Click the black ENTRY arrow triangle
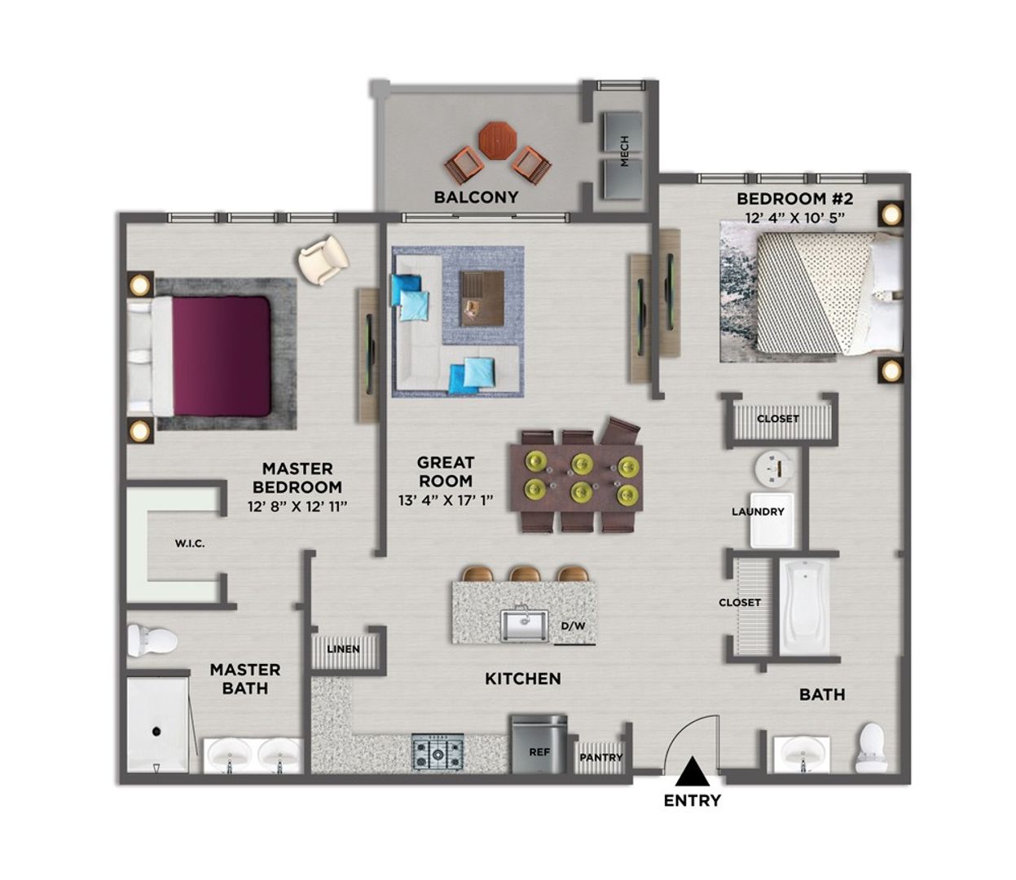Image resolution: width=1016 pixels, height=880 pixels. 692,771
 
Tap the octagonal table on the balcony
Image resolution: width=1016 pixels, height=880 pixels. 496,140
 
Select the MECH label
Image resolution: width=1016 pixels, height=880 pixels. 624,151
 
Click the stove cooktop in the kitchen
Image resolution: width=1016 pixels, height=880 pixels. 438,750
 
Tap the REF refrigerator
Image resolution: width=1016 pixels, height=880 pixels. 539,744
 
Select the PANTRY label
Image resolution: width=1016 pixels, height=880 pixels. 600,757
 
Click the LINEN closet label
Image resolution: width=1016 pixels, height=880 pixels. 343,649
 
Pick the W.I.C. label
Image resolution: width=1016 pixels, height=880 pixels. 189,543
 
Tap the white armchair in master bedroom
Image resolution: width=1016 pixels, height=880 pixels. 323,258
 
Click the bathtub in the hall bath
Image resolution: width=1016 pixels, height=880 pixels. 804,605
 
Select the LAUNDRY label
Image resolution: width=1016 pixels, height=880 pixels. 758,512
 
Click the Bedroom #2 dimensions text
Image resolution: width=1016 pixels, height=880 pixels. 794,218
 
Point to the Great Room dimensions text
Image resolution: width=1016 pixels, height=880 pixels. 446,500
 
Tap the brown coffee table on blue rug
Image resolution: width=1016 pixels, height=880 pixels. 482,297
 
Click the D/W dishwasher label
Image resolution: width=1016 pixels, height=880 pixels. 573,627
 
